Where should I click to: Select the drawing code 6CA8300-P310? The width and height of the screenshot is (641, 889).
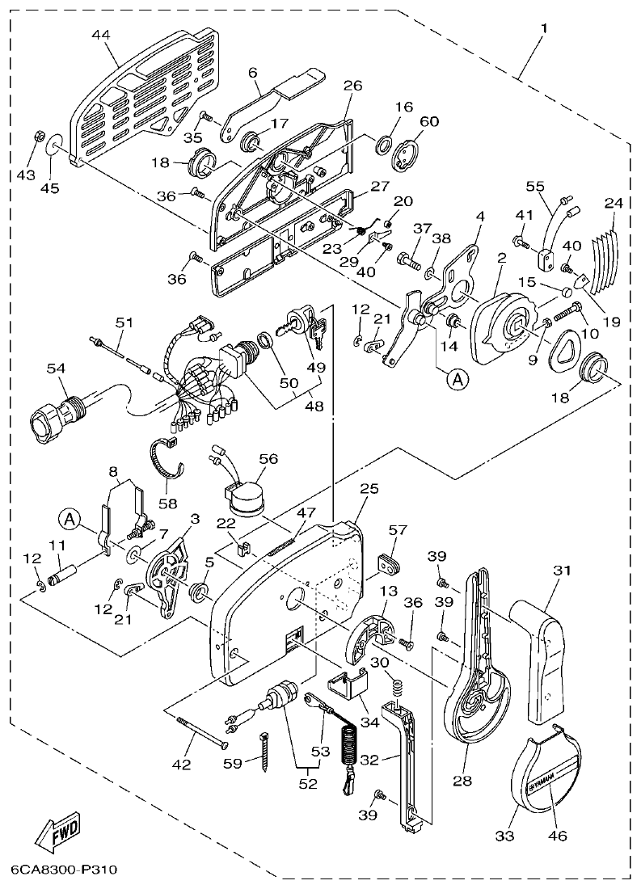click(65, 871)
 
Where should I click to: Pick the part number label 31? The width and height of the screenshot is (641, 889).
click(563, 570)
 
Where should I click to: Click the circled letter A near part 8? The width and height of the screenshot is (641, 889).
click(68, 518)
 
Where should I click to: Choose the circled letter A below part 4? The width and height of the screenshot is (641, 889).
click(457, 378)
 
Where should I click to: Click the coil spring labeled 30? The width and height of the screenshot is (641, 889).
click(398, 688)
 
